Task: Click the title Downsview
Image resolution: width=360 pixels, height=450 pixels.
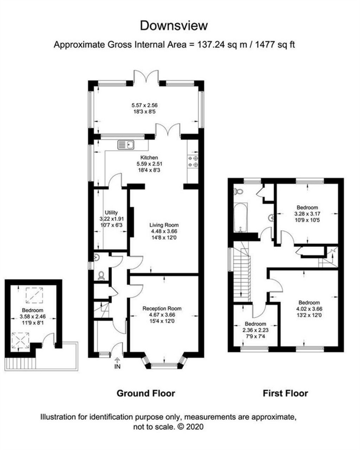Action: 174,25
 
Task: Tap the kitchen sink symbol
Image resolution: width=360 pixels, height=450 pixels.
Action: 125,144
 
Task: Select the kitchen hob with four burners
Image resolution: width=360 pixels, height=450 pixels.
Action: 193,161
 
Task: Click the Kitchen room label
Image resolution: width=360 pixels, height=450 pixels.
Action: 149,158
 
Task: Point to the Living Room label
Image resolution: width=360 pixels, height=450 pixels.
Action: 164,225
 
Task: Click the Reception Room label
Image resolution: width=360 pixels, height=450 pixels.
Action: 162,309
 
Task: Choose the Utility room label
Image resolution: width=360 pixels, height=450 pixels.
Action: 111,213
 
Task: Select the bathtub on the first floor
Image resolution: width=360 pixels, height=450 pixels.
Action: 241,218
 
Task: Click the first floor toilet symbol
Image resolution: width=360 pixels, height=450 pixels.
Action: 239,191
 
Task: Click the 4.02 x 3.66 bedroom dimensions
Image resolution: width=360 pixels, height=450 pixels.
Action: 309,309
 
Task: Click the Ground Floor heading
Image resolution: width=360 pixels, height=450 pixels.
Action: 146,393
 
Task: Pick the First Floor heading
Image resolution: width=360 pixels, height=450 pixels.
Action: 285,393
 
